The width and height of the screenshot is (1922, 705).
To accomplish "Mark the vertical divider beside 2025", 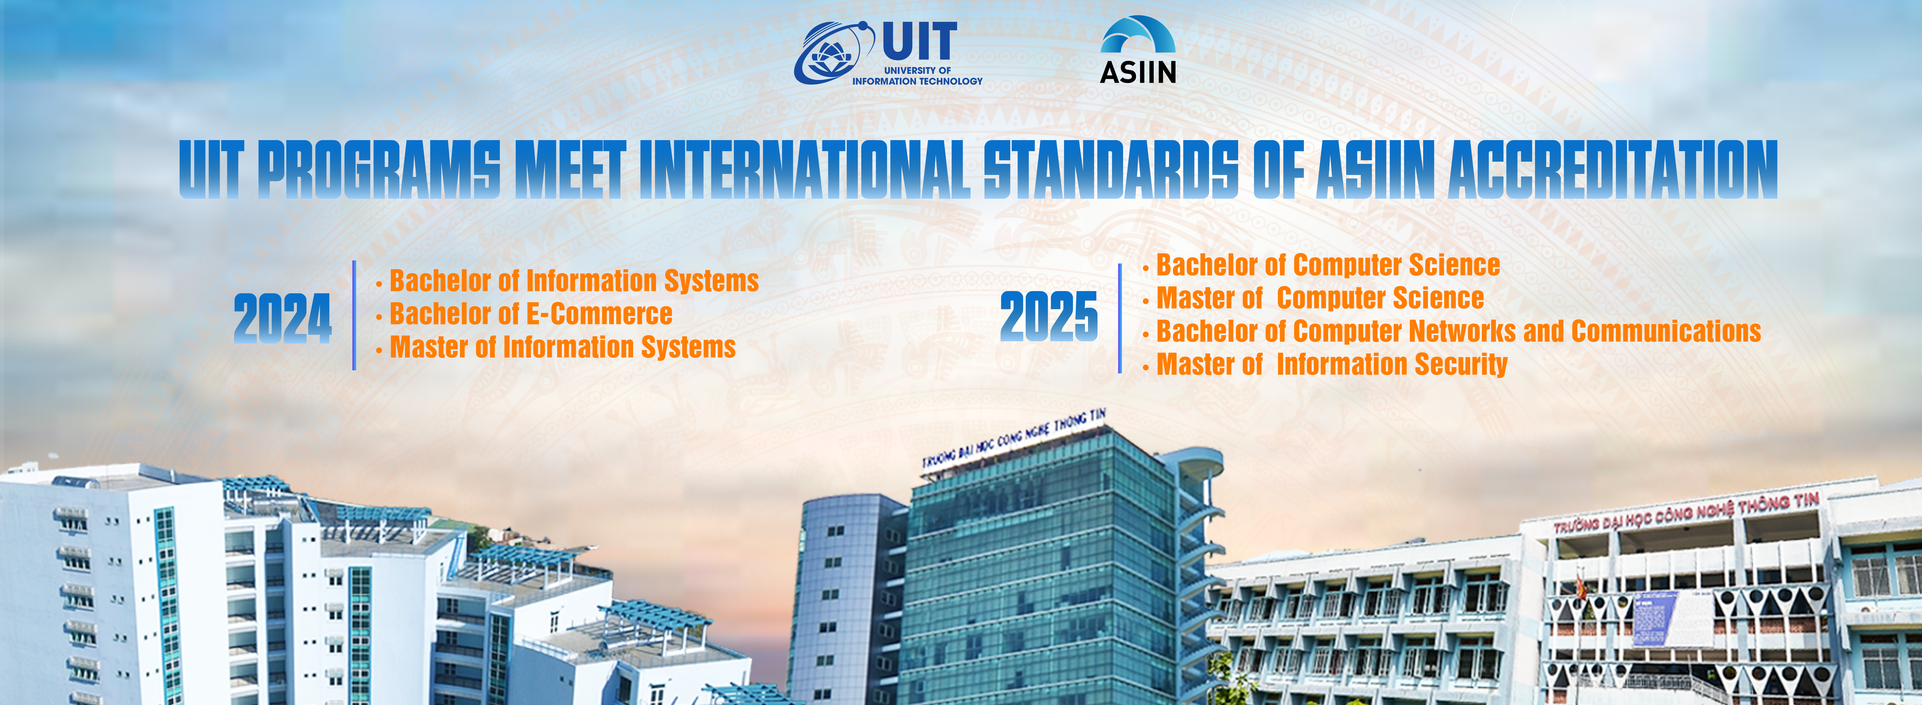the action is [1120, 318].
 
